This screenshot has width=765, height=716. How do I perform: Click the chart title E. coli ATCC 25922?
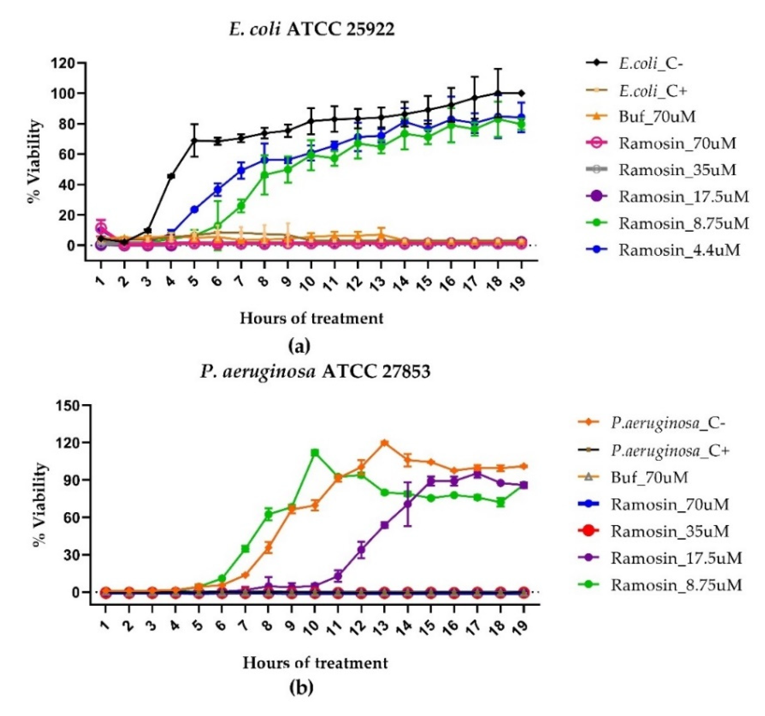point(312,30)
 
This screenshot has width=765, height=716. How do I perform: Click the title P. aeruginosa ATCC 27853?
point(315,372)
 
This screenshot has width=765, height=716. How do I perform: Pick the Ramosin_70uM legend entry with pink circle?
point(677,143)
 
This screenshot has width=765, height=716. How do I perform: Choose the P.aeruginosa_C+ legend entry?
point(670,450)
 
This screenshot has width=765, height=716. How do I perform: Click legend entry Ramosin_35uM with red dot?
point(670,531)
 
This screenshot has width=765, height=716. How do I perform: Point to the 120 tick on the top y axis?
point(67,63)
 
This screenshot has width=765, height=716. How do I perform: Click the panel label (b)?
point(301,687)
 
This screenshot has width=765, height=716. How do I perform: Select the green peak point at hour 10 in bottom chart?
point(315,453)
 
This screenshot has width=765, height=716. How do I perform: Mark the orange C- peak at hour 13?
point(384,443)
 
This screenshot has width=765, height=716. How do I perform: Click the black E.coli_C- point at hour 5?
point(194,141)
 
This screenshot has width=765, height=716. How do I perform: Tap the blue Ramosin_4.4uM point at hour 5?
point(194,209)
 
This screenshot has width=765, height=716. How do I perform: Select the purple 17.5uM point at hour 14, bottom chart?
point(408,504)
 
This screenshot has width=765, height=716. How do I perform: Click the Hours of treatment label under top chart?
point(312,318)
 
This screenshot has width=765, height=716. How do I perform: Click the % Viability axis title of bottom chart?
point(41,505)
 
